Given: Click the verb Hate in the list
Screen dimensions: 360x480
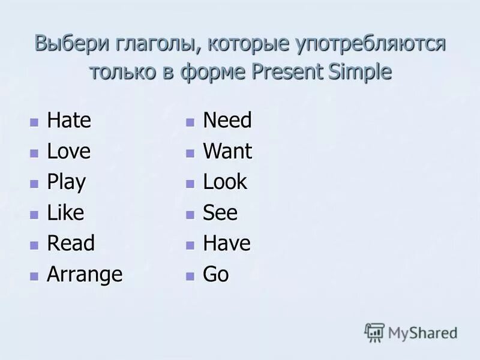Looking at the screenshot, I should [x=69, y=121].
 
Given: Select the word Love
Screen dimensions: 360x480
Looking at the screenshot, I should [x=69, y=151].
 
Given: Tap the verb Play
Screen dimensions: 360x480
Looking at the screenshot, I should [x=67, y=182].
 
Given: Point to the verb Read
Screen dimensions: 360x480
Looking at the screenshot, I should [x=71, y=244].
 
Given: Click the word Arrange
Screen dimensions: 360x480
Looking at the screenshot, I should [x=85, y=275].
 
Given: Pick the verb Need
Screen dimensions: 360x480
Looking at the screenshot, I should [x=227, y=121].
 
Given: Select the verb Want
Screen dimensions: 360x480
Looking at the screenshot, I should [x=228, y=151].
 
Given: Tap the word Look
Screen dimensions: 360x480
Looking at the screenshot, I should [x=225, y=182].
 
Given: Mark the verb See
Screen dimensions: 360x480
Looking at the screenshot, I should [x=220, y=213].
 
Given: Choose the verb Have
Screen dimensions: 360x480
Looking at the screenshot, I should [x=227, y=244].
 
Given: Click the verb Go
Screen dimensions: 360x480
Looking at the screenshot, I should [x=216, y=275].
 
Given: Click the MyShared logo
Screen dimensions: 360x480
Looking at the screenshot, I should [x=410, y=332].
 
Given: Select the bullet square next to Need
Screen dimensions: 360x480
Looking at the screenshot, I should [x=190, y=122].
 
